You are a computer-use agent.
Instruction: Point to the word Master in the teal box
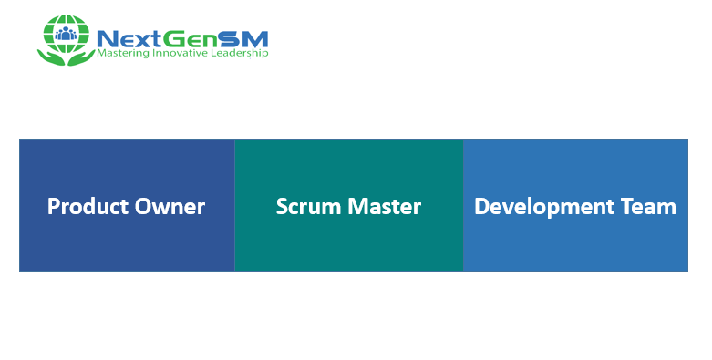(x=384, y=207)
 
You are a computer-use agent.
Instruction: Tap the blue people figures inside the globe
(x=66, y=36)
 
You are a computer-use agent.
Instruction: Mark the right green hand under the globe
(x=83, y=57)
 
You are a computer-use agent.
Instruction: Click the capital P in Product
(x=53, y=207)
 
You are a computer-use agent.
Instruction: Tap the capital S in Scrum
(x=282, y=207)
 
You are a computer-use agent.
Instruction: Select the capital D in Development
(x=481, y=207)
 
